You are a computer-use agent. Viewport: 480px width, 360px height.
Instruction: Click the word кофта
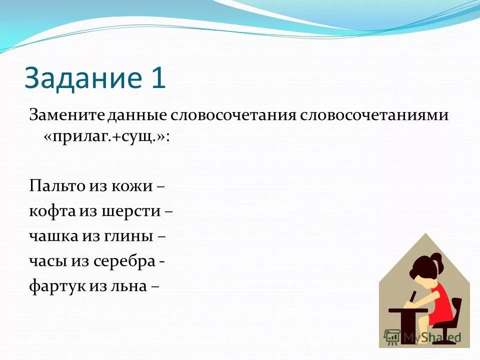click(51, 211)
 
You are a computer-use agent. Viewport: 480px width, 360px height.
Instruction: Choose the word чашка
click(52, 236)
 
